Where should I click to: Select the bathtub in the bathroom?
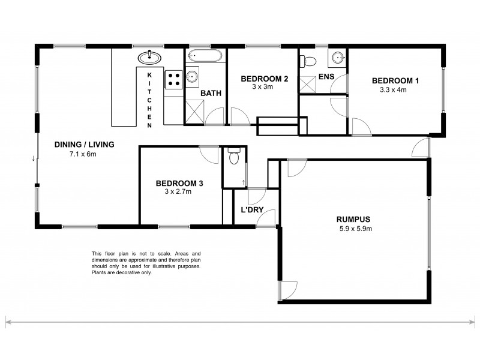pos(205,57)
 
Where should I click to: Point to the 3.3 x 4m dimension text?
pos(393,90)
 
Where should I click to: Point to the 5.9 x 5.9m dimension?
pos(354,229)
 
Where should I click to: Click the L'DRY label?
pos(251,211)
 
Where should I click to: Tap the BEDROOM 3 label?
pos(179,184)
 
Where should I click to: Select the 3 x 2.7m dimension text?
pos(178,193)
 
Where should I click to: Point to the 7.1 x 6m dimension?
pos(83,154)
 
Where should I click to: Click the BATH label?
pos(210,93)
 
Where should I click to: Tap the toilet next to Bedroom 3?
pos(235,157)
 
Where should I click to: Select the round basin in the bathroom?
pos(192,76)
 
